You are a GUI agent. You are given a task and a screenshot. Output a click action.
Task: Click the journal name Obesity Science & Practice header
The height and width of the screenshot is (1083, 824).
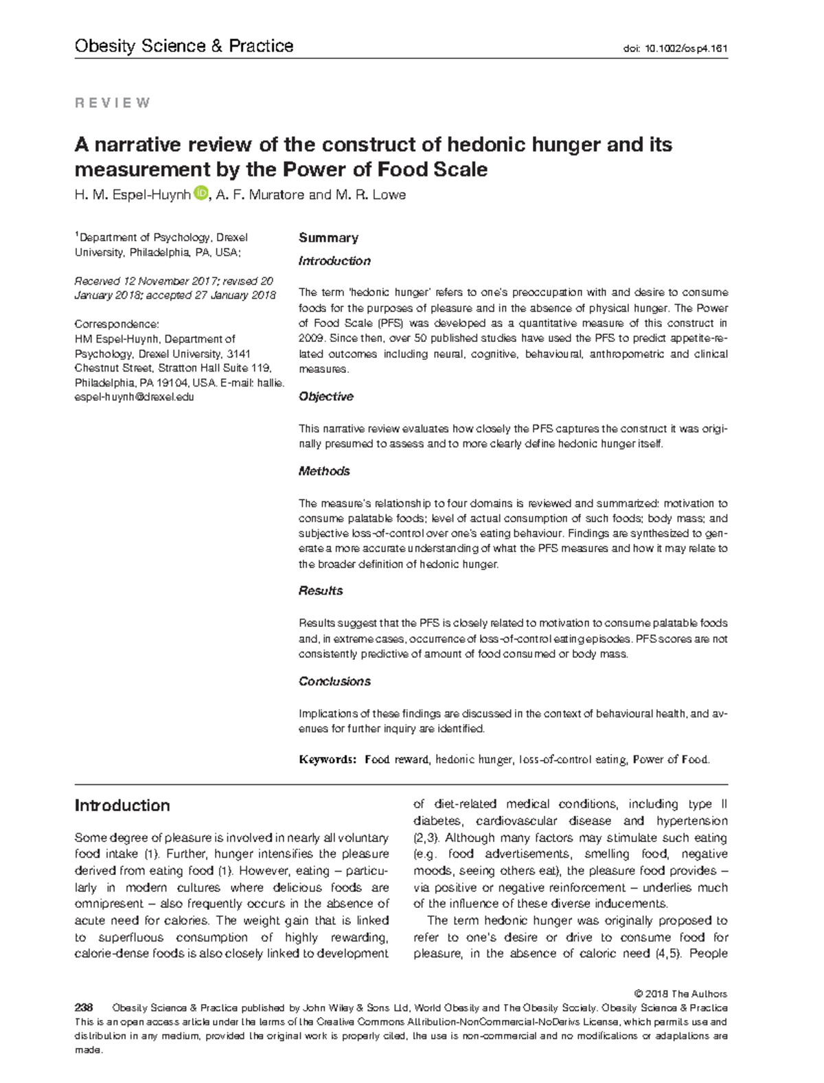[x=183, y=46]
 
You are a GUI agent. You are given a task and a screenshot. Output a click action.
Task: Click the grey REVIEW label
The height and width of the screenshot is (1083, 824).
[x=113, y=103]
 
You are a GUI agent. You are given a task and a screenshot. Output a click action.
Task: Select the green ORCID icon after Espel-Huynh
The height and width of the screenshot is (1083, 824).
[x=200, y=194]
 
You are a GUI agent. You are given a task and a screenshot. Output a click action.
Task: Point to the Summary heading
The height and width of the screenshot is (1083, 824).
[x=328, y=238]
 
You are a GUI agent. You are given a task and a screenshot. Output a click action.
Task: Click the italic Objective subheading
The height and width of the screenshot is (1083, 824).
[x=325, y=396]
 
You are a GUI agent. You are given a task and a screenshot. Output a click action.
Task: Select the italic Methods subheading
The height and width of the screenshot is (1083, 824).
[x=324, y=471]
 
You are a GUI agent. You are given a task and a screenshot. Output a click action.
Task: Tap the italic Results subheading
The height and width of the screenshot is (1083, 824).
[x=321, y=591]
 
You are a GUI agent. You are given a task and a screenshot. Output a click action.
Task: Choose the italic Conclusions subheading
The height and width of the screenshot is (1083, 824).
[x=334, y=681]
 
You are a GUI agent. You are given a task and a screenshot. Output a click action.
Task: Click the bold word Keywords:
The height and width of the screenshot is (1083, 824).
[x=327, y=760]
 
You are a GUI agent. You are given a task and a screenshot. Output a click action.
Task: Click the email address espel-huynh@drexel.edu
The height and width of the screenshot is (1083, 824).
[x=134, y=397]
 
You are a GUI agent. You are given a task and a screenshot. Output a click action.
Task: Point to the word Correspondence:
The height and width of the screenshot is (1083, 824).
[x=117, y=324]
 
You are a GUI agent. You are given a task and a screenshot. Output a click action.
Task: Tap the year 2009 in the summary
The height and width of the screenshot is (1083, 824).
[x=310, y=338]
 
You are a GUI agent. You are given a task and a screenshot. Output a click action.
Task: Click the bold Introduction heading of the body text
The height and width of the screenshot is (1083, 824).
[x=122, y=806]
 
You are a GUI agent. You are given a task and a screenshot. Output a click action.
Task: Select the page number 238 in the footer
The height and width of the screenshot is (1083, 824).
[x=84, y=1008]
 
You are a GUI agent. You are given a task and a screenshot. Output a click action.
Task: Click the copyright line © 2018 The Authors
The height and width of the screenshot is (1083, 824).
[x=680, y=994]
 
